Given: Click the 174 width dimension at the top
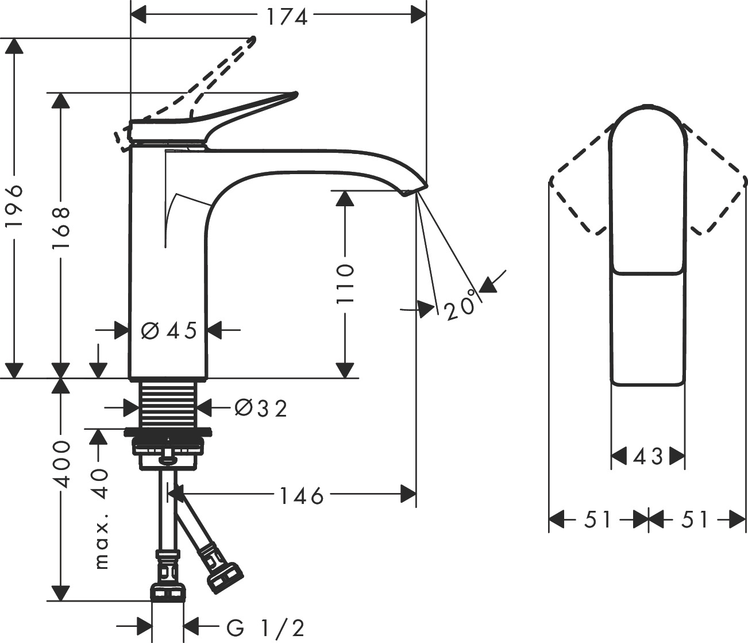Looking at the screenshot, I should coord(287,17).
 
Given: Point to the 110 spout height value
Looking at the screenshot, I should coord(345,284).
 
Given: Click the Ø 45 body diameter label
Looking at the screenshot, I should coord(169,330).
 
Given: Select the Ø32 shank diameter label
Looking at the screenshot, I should coord(261,409).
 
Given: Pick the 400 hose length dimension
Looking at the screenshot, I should coord(60,464).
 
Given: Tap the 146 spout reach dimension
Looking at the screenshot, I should coord(302,495).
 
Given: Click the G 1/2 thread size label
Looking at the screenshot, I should coord(265,627).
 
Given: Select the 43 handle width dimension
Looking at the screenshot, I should coord(648,457).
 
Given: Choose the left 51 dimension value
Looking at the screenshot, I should coord(598,519).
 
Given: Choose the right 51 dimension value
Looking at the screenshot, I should coord(696,519).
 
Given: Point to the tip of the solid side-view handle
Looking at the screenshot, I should coord(295,94).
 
